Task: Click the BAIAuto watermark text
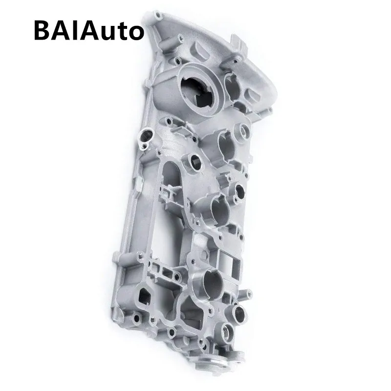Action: (x=88, y=30)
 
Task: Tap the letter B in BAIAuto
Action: (x=43, y=30)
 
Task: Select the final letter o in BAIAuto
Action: (x=135, y=32)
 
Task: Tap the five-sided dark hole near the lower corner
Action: (x=146, y=296)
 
